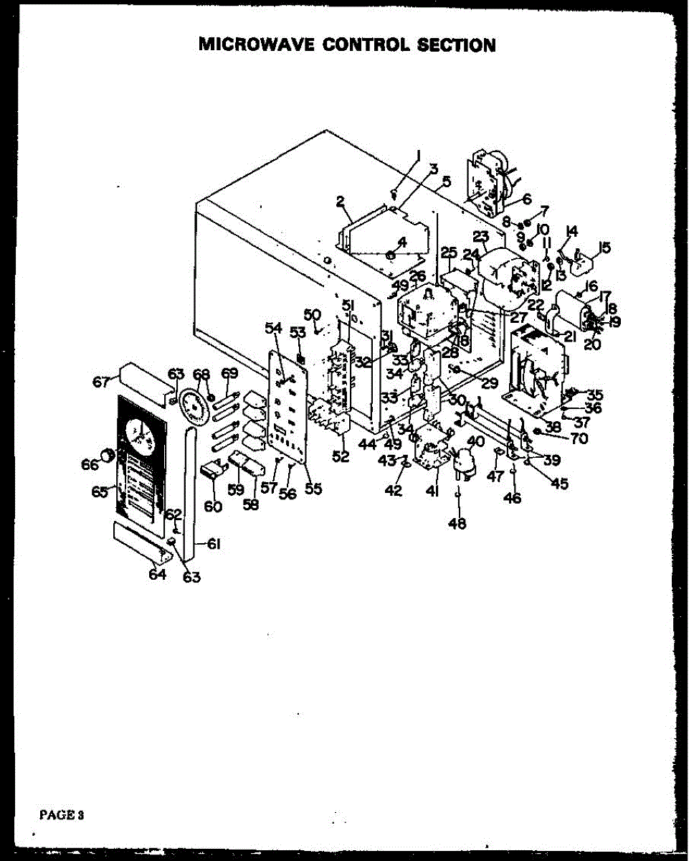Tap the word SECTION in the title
point(458,45)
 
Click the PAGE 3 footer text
point(62,814)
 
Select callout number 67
point(101,382)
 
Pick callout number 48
point(457,524)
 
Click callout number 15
point(604,248)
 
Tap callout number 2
point(341,202)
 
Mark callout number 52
point(341,457)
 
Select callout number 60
point(213,506)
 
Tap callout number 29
point(490,384)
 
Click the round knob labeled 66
point(107,454)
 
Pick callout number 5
point(446,182)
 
